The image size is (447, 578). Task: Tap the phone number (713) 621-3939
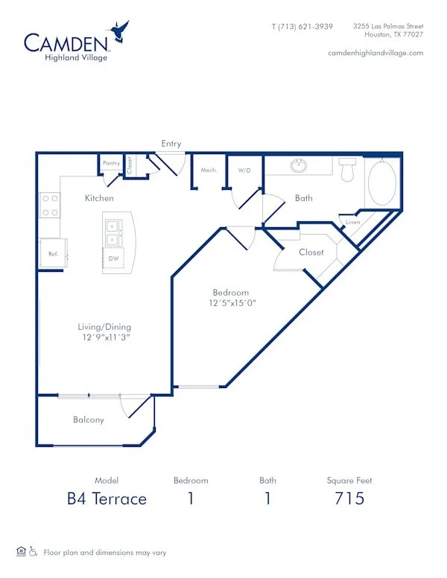[x=305, y=27]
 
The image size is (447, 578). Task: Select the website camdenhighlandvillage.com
[x=375, y=53]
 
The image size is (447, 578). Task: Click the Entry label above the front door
[x=171, y=144]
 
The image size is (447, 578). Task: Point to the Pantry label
[x=112, y=163]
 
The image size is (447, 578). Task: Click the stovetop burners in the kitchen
[x=50, y=206]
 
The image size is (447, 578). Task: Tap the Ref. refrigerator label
[x=54, y=254]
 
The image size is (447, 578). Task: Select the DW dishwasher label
[x=113, y=258]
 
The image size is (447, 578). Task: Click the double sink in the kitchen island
[x=112, y=233]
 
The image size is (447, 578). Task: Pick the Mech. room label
[x=209, y=171]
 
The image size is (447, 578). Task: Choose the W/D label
[x=244, y=171]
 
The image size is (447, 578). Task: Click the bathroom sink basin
[x=299, y=166]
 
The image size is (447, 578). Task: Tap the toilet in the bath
[x=347, y=170]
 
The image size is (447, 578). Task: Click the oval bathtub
[x=382, y=182]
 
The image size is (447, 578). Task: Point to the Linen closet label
[x=352, y=222]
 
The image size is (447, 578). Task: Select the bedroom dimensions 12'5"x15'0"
[x=232, y=303]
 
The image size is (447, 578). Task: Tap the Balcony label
[x=89, y=420]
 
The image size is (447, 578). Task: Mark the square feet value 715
[x=349, y=498]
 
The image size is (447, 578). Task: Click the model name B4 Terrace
[x=107, y=499]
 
